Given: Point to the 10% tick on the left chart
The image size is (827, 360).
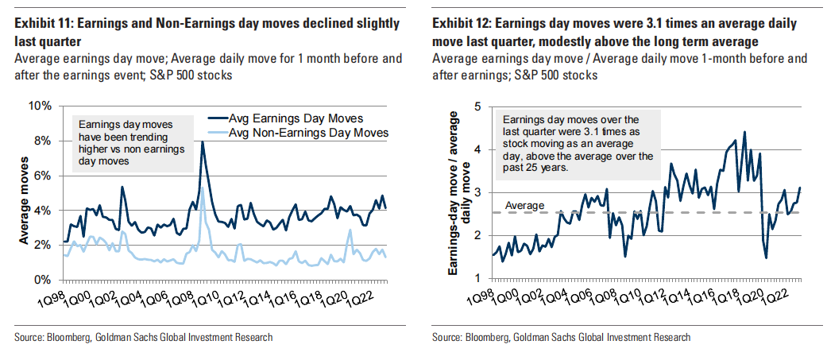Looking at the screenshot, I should pos(42,106).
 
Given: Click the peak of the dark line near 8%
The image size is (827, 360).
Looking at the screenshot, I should pos(203,142).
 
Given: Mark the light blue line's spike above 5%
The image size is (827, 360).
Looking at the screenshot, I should pos(203,188).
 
